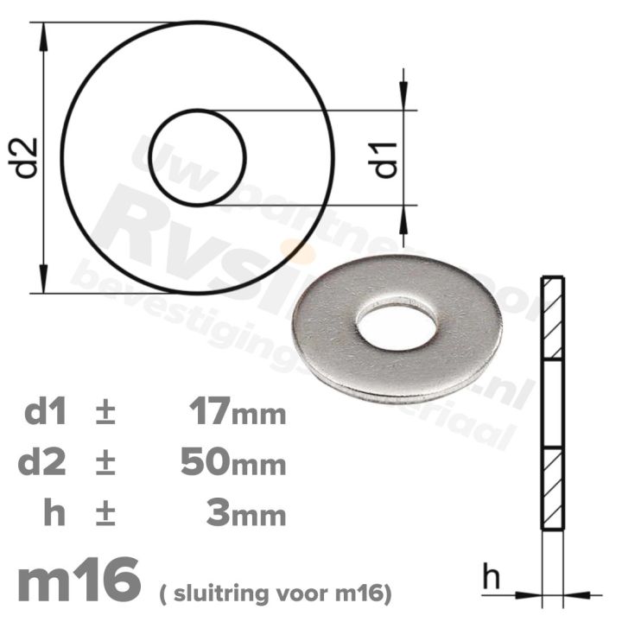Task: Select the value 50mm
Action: [x=233, y=464]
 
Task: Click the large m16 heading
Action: [x=79, y=581]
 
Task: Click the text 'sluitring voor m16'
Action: [x=276, y=593]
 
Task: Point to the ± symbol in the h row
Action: [x=104, y=515]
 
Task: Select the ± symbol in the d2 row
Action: [x=104, y=464]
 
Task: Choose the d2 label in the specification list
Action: [x=48, y=464]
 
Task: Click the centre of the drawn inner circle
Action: [x=198, y=157]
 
